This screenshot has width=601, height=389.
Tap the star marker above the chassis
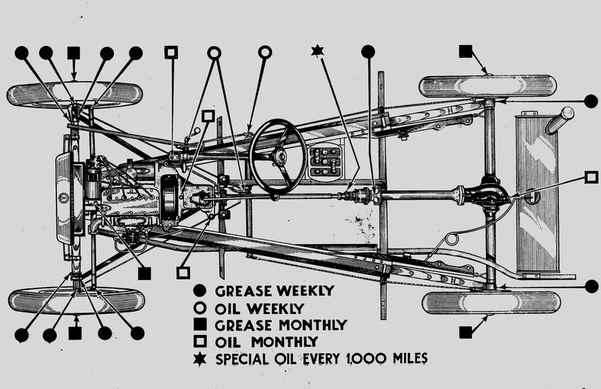(316, 51)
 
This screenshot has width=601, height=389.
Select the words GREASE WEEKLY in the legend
(260, 291)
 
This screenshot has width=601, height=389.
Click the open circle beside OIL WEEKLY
(200, 308)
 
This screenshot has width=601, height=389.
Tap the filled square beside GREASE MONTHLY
(200, 325)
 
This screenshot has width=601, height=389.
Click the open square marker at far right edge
(591, 178)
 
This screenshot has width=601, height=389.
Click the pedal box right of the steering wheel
(325, 161)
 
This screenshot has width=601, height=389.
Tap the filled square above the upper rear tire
(465, 51)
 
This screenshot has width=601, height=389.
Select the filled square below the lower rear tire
(465, 331)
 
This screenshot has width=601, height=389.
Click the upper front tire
(74, 94)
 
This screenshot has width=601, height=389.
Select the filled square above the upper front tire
(74, 52)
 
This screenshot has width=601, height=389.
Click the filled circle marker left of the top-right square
(367, 51)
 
